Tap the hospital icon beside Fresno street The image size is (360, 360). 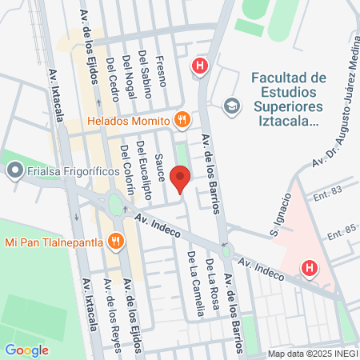(x=199, y=66)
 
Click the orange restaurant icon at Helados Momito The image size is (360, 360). (x=182, y=120)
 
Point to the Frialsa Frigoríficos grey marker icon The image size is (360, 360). (x=14, y=170)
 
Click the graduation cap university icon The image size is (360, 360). (x=231, y=106)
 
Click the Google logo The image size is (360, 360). (x=26, y=350)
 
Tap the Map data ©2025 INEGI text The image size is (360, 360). (x=311, y=354)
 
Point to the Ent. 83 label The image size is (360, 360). (x=328, y=190)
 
